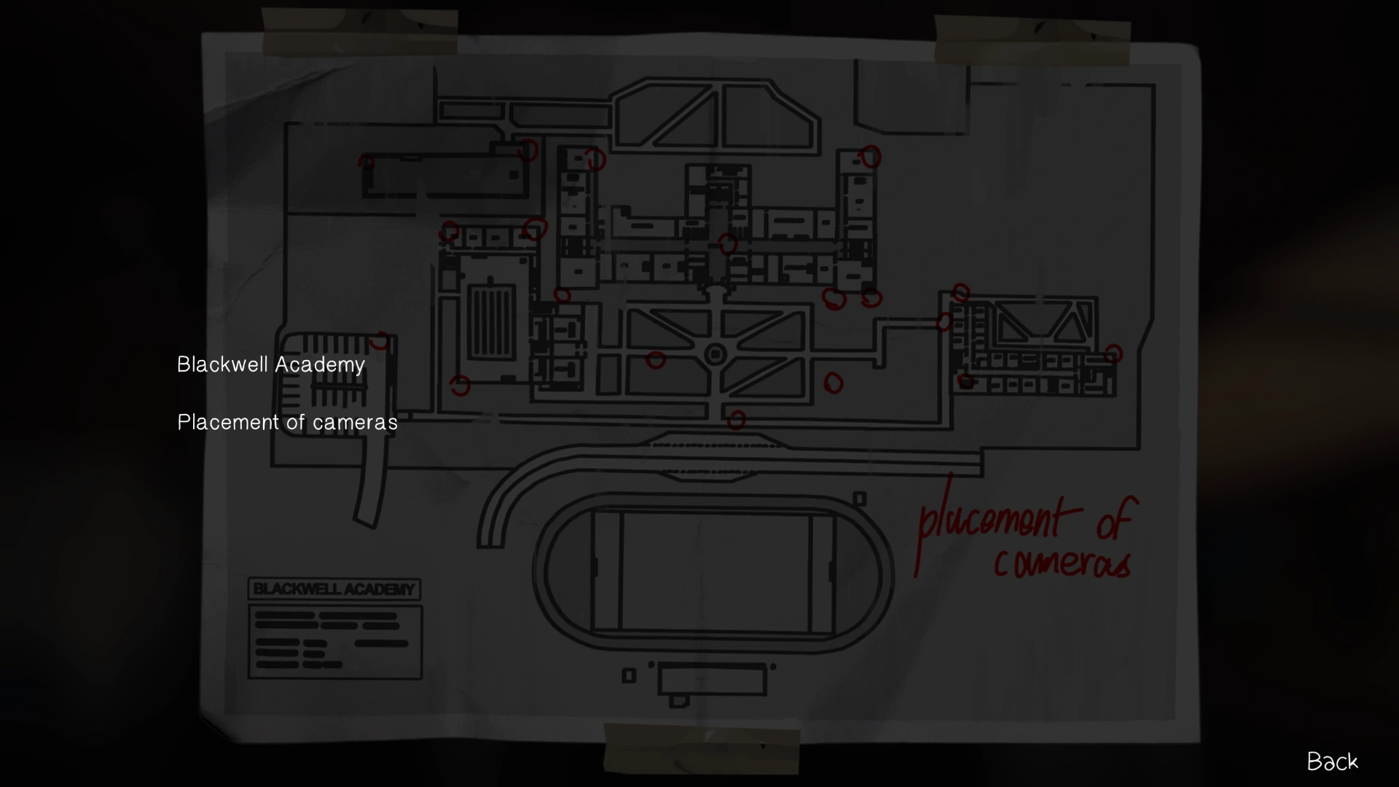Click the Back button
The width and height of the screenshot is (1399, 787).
(x=1332, y=761)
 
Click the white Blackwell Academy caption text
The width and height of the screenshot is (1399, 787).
(x=270, y=364)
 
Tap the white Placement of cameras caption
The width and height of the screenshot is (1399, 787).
(x=287, y=422)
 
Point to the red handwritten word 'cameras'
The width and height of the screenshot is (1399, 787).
(x=1062, y=562)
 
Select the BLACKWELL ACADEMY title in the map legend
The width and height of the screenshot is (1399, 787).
(x=334, y=589)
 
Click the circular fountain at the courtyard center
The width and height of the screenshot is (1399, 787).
(x=716, y=355)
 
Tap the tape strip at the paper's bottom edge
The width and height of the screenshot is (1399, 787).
(x=701, y=748)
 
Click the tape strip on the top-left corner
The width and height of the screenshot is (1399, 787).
(x=359, y=33)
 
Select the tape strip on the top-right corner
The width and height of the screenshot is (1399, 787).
(x=1032, y=41)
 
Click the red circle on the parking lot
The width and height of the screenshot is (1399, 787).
(x=380, y=340)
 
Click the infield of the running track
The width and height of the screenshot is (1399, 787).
(x=714, y=572)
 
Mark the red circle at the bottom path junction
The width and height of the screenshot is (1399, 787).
(x=736, y=420)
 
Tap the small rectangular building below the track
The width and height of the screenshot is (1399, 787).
(x=711, y=681)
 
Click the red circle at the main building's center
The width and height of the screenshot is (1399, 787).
(x=727, y=243)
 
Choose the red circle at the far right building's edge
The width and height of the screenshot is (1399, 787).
(x=1113, y=354)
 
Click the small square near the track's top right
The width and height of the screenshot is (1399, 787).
(x=860, y=499)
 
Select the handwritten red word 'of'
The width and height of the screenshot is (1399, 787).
(x=1113, y=519)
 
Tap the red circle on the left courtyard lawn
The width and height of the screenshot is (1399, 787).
(x=655, y=359)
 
